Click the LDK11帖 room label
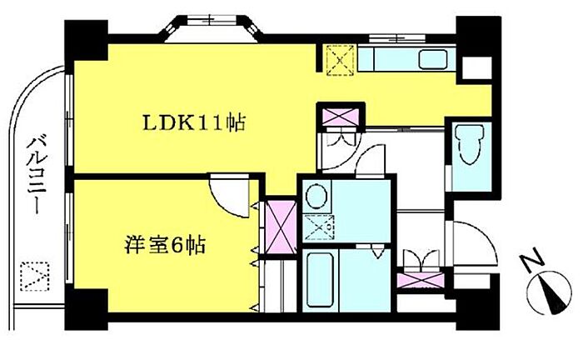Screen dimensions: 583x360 point(194,122)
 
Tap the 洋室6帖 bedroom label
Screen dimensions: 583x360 point(165,244)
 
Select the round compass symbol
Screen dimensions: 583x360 point(550,292)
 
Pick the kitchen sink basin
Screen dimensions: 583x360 point(433,59)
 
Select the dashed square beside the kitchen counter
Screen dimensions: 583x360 point(340,60)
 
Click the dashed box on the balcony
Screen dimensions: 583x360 point(35,277)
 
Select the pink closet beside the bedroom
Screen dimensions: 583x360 point(282,227)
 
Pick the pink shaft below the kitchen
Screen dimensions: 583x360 point(341,117)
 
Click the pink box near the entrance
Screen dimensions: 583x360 point(421,280)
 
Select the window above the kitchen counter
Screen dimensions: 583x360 point(397,37)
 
